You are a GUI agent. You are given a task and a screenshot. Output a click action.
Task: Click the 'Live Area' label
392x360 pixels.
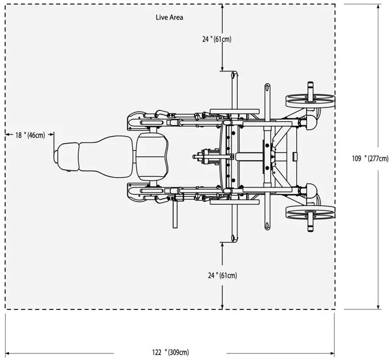170,17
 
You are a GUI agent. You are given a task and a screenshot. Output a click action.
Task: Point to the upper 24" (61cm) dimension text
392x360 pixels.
217,39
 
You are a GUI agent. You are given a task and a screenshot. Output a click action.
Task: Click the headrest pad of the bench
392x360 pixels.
67,156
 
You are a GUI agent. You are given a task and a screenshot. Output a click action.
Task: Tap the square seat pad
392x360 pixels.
152,156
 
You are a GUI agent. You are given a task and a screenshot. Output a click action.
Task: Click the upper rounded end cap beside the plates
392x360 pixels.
310,122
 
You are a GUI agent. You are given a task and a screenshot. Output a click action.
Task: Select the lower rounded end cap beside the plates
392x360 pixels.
310,191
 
